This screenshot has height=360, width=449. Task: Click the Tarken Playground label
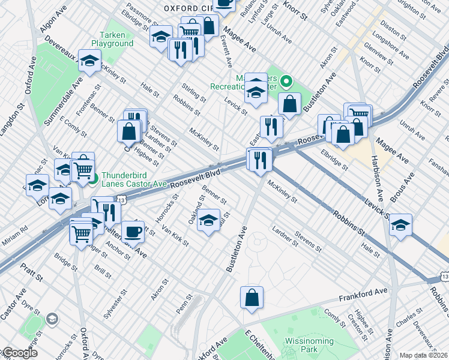(112, 39)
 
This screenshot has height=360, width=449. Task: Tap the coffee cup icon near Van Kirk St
(133, 231)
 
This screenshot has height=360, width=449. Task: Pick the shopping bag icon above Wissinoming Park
(252, 297)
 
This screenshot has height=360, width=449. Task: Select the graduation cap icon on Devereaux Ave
(89, 61)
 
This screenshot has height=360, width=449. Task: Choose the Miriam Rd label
(16, 229)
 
